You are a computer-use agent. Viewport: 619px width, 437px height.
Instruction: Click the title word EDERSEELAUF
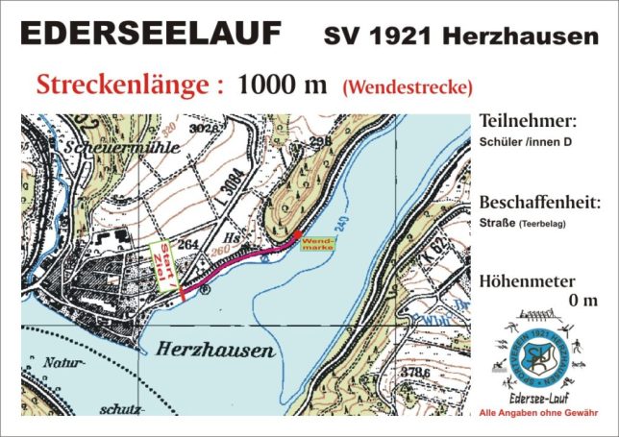(151, 34)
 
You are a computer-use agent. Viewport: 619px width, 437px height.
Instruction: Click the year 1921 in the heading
(395, 36)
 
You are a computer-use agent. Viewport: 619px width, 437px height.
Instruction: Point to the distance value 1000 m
(283, 84)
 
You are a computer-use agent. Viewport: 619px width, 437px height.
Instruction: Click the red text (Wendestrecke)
(407, 87)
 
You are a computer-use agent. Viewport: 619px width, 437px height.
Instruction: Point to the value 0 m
(583, 300)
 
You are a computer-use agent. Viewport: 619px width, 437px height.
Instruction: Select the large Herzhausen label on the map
(209, 351)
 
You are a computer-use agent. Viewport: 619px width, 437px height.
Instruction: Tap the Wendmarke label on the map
(317, 244)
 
